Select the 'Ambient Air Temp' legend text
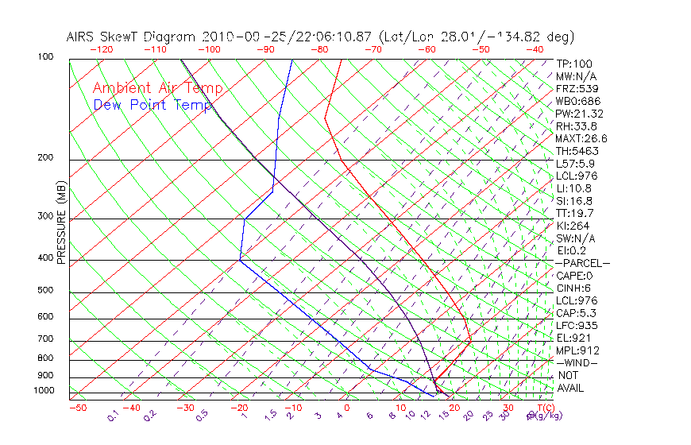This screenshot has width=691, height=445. (x=157, y=88)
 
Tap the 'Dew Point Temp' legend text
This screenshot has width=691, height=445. (x=152, y=105)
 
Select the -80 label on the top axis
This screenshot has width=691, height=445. (x=319, y=49)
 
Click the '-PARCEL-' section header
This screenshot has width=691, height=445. (x=583, y=263)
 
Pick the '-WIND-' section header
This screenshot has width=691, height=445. (x=577, y=362)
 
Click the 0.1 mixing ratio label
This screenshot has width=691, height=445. (x=113, y=416)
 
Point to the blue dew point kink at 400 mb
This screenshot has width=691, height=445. (x=240, y=259)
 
